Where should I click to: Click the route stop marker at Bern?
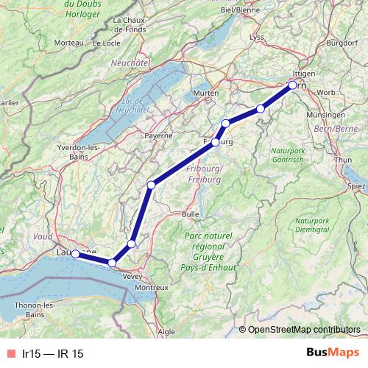(293, 85)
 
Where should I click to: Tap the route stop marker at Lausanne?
(75, 254)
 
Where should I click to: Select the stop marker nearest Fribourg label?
(216, 142)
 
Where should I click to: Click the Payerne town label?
(158, 135)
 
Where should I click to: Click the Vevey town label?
(132, 275)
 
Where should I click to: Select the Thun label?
(343, 160)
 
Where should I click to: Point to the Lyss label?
(257, 37)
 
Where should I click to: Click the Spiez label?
(356, 186)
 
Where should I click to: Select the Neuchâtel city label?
(130, 65)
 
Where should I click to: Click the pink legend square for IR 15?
(10, 353)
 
